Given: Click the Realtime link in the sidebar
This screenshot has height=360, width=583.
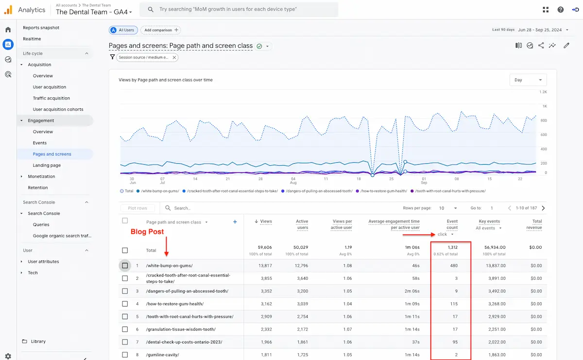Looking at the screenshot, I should coord(32,39).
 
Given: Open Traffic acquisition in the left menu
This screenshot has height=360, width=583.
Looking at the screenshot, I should coord(51,98).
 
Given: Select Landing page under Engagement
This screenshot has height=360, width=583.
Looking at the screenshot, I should coord(47,165).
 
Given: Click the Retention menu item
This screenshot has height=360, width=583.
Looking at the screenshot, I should coord(37,188).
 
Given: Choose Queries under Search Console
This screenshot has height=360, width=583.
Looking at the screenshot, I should coord(41,224).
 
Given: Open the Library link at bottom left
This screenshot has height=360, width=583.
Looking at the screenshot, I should coord(38,342).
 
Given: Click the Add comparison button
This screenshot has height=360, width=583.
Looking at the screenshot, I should coord(160,30).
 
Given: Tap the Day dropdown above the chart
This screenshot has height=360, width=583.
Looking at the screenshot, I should coord(528,80).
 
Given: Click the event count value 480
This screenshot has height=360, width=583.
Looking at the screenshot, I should coord(453,266).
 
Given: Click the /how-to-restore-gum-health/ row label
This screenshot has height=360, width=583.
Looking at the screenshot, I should coord(174,304).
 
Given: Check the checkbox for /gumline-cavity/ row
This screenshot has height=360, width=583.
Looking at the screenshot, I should coord(125,355).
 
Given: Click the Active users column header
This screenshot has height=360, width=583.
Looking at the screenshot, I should coord(302,224).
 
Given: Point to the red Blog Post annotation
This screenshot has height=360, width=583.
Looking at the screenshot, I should coord(147,232).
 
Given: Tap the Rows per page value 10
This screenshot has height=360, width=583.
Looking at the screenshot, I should coord(441,208).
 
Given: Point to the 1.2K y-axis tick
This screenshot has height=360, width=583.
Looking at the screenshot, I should coord(543,92).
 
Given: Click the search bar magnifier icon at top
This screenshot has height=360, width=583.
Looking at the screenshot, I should coord(151,9).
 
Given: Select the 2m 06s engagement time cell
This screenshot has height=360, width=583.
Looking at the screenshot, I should coord(411,291).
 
